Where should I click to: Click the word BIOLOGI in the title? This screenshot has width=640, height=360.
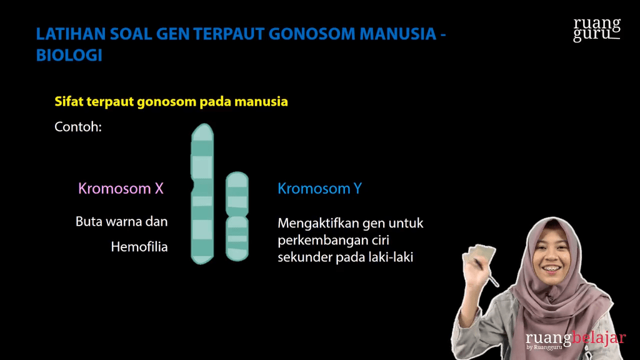click(69, 55)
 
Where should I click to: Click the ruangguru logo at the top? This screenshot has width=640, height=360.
click(597, 29)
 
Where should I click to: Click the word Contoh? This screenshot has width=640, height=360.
click(78, 127)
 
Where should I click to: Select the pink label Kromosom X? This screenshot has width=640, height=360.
click(121, 188)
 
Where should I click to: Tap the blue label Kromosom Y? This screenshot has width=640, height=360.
click(319, 188)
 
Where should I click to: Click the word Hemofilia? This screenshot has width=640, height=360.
click(139, 247)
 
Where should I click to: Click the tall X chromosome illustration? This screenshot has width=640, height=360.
click(202, 194)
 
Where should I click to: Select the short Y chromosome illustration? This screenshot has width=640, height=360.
click(237, 216)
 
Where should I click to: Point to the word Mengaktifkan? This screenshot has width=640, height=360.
click(316, 223)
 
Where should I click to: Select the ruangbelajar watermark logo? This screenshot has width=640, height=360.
click(575, 340)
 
